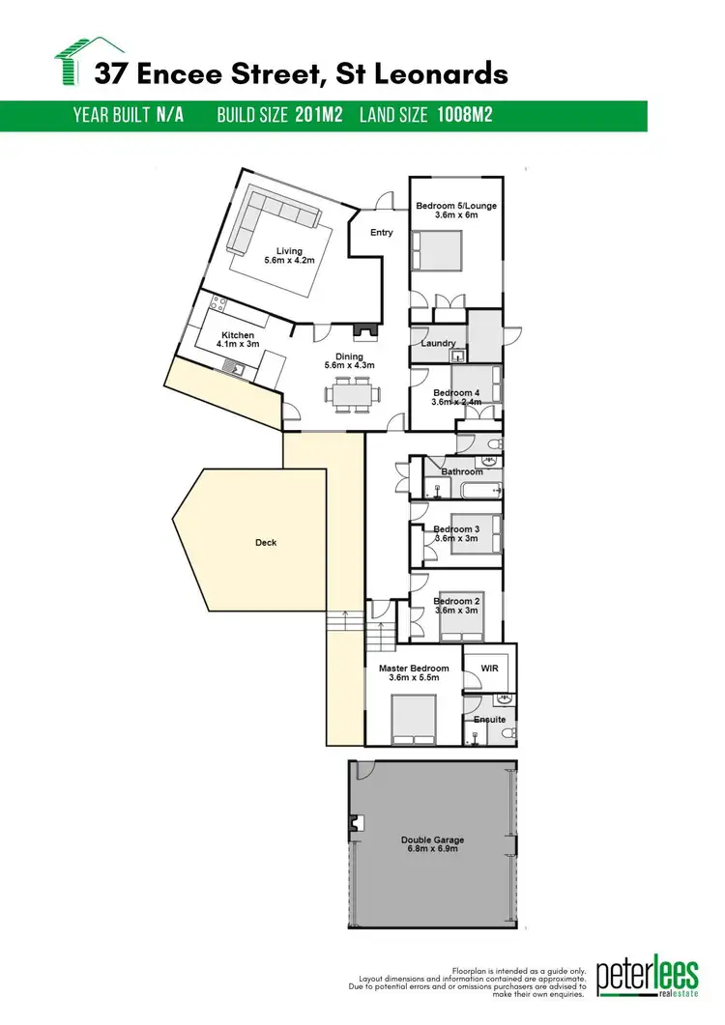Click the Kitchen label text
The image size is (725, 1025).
click(236, 335)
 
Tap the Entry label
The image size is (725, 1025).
click(382, 232)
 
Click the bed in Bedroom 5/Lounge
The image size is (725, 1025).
click(438, 254)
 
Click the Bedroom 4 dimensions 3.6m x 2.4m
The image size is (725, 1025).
click(456, 403)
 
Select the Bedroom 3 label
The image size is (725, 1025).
click(456, 529)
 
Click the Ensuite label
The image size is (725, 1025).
click(490, 720)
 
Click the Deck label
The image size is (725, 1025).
click(266, 543)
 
